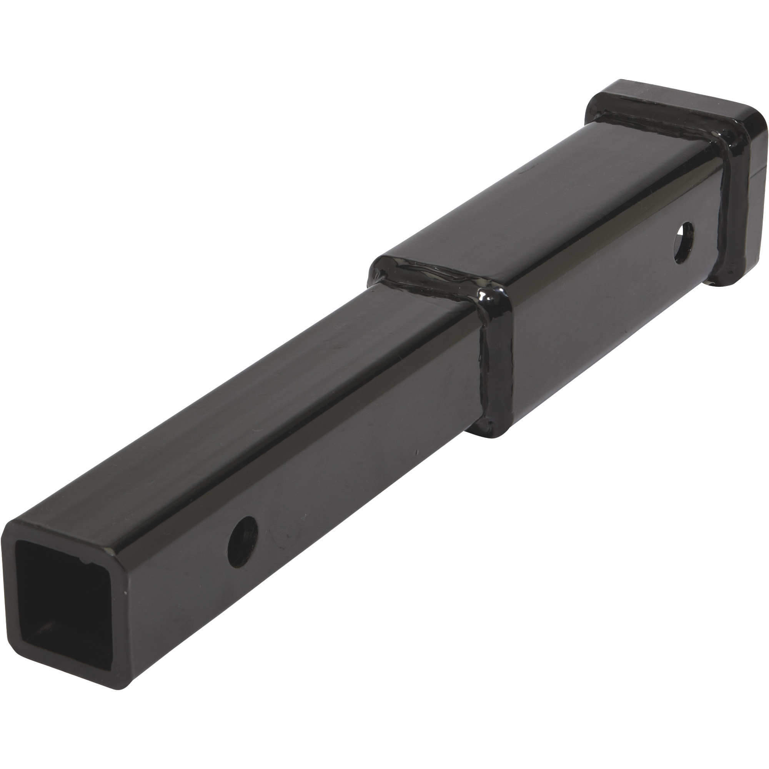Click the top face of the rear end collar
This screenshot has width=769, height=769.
[677, 100]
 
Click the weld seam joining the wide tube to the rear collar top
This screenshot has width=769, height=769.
[653, 120]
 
